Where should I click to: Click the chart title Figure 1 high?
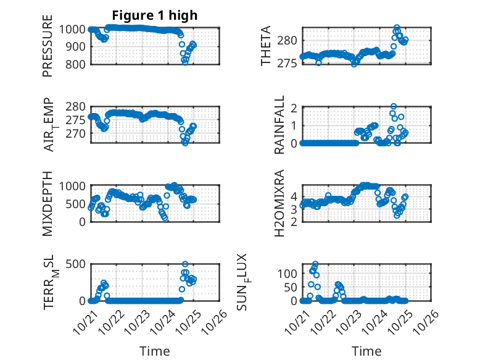(x=154, y=15)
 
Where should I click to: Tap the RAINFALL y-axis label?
(x=279, y=125)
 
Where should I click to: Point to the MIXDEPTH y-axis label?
(x=48, y=203)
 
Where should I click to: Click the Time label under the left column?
(x=154, y=351)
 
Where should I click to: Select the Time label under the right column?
(x=366, y=351)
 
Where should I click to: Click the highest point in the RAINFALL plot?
(x=394, y=107)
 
